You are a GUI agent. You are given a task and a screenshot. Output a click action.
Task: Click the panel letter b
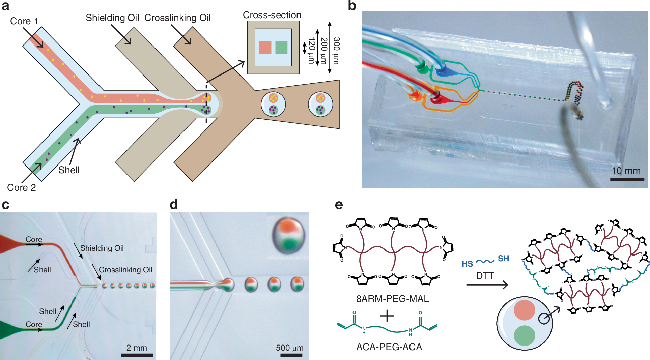tap(352, 6)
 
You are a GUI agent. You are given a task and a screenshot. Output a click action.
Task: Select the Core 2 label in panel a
tap(21, 187)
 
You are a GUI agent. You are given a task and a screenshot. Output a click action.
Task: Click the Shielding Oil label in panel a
tap(112, 18)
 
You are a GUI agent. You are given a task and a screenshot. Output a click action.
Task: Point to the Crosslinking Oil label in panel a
tap(177, 18)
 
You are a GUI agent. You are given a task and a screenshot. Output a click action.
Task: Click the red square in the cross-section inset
tap(265, 48)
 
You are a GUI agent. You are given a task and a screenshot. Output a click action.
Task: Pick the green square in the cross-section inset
tap(281, 48)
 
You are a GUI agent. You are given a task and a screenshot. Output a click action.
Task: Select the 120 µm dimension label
tap(312, 51)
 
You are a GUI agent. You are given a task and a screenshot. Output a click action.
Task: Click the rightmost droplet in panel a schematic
tap(320, 104)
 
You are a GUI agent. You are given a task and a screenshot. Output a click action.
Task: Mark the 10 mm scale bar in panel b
tap(627, 179)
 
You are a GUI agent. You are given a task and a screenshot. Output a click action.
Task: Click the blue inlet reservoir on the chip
tap(441, 71)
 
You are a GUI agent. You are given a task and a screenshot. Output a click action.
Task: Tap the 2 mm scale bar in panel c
tap(137, 355)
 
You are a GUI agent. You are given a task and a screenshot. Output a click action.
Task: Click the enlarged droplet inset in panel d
tap(288, 235)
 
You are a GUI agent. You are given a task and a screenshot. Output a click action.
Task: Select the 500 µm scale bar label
tap(289, 348)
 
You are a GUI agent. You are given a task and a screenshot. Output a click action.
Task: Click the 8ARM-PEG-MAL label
tap(392, 299)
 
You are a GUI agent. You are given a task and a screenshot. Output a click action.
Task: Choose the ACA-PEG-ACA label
tap(389, 347)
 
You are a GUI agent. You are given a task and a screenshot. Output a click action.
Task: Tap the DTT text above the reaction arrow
tap(485, 276)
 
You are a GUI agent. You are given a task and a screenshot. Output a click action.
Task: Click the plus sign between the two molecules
tap(387, 316)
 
